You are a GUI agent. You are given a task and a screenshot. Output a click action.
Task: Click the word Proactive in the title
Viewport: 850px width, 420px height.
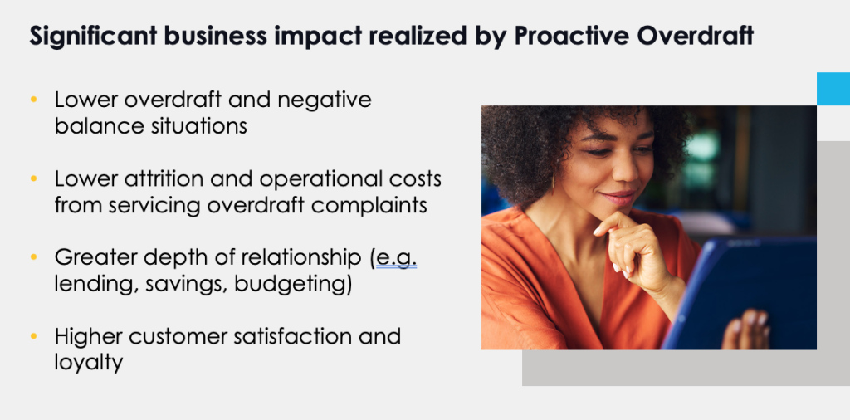click(572, 37)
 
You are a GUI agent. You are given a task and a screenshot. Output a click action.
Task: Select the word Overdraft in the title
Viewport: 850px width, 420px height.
click(696, 37)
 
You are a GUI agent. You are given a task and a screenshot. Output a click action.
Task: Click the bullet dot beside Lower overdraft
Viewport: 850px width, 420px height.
click(33, 99)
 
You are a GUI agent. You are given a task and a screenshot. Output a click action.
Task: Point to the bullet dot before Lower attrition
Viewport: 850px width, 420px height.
click(33, 178)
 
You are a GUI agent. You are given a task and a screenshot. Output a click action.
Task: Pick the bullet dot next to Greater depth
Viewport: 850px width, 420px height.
click(33, 256)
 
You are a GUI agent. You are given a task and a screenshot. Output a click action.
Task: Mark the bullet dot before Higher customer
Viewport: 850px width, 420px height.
click(33, 336)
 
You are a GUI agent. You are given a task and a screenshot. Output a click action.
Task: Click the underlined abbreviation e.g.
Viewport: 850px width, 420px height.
click(396, 258)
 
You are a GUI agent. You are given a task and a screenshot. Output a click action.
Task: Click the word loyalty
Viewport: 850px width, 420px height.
click(88, 363)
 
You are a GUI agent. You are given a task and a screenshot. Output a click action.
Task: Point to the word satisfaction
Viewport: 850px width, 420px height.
click(293, 336)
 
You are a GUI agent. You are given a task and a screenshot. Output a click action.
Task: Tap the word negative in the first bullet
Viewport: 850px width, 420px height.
click(325, 100)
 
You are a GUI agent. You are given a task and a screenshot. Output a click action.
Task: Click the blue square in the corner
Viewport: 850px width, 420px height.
click(833, 89)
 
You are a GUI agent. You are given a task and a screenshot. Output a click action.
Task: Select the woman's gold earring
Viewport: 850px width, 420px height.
click(553, 183)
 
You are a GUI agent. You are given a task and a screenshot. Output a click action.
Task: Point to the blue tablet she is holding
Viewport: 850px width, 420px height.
click(743, 293)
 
